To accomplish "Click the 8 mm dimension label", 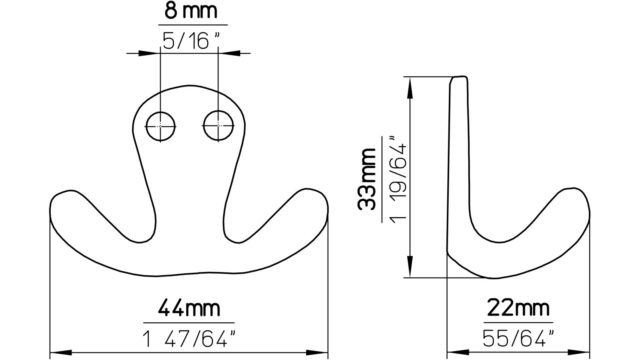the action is point(191,11).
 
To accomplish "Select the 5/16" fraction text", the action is point(191,41).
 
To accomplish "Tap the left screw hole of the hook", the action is point(160,126).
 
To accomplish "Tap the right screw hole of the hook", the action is point(218,126).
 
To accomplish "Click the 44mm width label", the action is point(189,308).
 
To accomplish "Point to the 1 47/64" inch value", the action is point(189,339).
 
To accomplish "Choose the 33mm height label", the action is point(366,179).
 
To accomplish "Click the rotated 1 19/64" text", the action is point(398,178).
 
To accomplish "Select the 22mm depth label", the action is point(518,308).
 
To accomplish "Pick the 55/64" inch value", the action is point(518,338).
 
